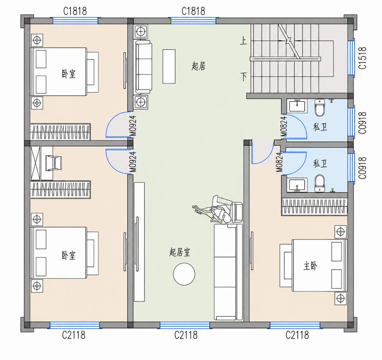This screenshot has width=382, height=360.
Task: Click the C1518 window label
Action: point(362,58)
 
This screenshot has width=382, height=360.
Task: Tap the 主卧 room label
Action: point(310,266)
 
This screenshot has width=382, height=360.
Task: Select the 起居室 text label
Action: point(180,252)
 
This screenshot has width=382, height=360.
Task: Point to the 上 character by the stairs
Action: point(243,41)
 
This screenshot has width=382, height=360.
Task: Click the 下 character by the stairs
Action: point(244,77)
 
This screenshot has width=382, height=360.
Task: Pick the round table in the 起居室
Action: point(184,274)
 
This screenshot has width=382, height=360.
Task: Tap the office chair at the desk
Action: point(54,163)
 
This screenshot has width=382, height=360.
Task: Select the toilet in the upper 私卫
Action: point(320,107)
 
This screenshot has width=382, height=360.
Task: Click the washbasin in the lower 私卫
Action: point(297,185)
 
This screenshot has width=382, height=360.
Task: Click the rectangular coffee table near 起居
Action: point(169,67)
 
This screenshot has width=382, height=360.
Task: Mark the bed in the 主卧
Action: point(313,265)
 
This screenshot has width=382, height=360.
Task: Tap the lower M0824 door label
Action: point(279,162)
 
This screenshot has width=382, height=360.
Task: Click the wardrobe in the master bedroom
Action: point(315,207)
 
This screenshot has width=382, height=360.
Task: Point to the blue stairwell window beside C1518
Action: point(351,58)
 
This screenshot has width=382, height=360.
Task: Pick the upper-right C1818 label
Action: point(193,11)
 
